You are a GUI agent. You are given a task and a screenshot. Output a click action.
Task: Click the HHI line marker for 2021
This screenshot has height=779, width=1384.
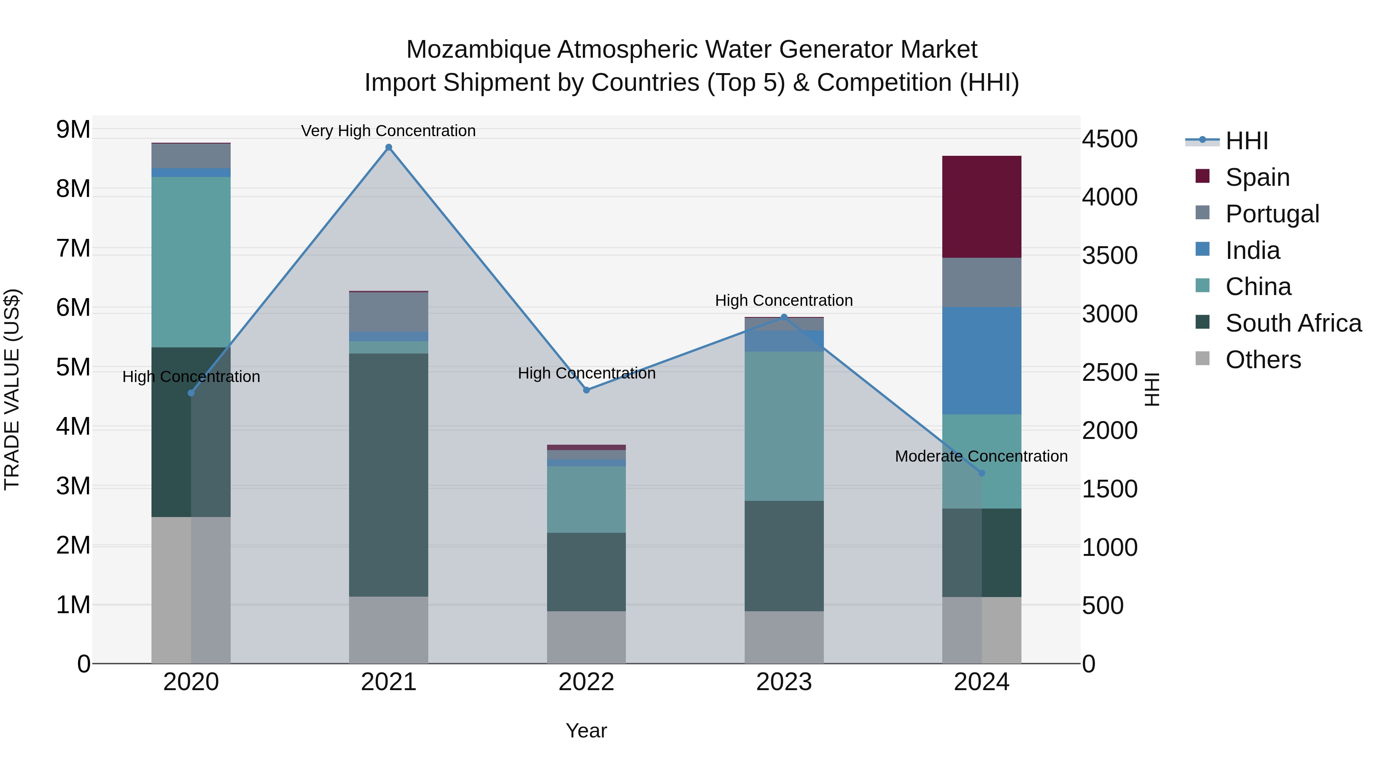[388, 147]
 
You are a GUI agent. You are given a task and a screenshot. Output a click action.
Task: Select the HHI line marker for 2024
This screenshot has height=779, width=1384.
[981, 473]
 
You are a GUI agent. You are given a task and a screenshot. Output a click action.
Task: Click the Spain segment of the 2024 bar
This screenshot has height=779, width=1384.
[981, 207]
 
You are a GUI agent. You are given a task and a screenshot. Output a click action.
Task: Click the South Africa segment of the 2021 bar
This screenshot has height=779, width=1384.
[388, 474]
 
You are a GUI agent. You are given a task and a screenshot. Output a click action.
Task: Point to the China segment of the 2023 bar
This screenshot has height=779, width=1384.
[784, 426]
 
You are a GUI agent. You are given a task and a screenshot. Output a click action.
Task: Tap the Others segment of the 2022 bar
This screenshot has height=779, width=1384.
[586, 637]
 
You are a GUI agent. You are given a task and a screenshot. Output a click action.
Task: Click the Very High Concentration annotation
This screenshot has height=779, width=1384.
[388, 131]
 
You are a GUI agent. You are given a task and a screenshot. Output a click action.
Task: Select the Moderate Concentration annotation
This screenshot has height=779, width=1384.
[981, 456]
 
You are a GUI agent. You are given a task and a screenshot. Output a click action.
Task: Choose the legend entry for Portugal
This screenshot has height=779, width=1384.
[1272, 214]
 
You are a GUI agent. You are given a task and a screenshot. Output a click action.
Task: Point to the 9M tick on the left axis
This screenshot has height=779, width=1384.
[73, 130]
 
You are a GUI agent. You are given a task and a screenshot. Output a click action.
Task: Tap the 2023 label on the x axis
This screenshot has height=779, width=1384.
[784, 682]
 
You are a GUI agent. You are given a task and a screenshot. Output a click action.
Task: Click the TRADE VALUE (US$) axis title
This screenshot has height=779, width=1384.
[12, 389]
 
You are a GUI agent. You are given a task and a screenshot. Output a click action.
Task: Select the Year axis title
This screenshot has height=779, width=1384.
[586, 731]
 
